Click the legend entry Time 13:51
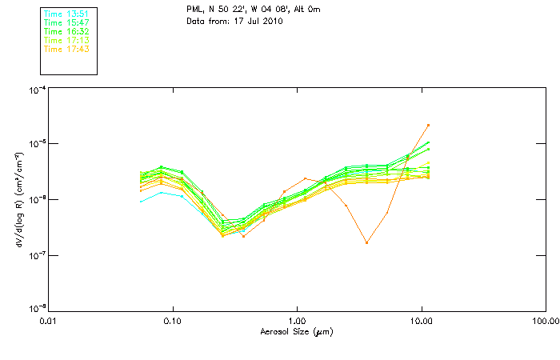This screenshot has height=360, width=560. pos(66,14)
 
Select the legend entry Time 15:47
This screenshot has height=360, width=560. pos(66,22)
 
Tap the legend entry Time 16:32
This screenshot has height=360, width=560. pos(66,31)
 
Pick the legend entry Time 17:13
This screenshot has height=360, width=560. pos(66,40)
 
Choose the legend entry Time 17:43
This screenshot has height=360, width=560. pos(66,49)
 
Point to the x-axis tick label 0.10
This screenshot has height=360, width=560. pos(172,321)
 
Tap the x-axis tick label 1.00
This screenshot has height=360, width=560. pos(297,321)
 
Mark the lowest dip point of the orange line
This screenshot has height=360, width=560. pos(366,242)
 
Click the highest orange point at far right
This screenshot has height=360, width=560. pos(429,125)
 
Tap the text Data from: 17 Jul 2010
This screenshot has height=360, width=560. pos(234,21)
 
